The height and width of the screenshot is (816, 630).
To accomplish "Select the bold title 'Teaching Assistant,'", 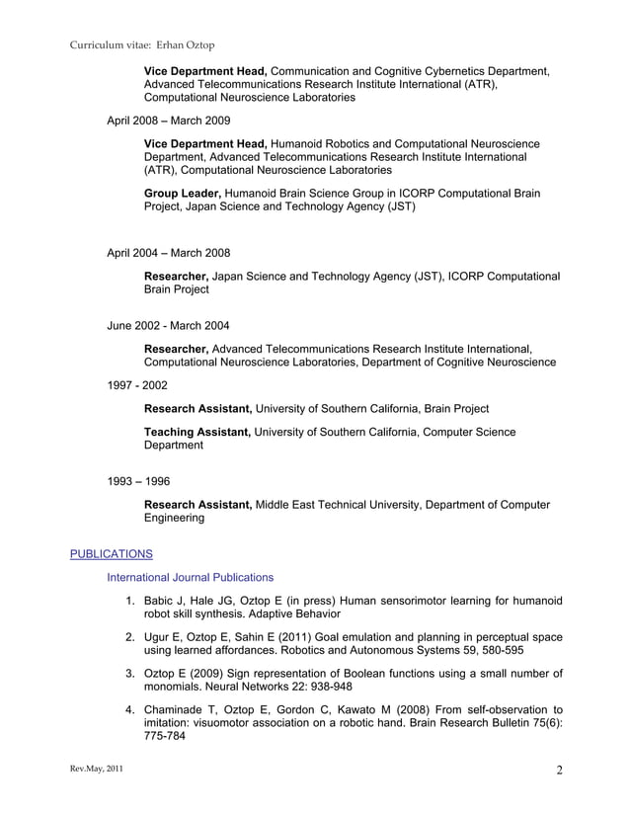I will pos(197,432).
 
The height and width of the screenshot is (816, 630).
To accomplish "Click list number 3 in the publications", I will pos(129,674).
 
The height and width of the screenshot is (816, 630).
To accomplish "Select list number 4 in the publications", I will pos(129,710).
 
